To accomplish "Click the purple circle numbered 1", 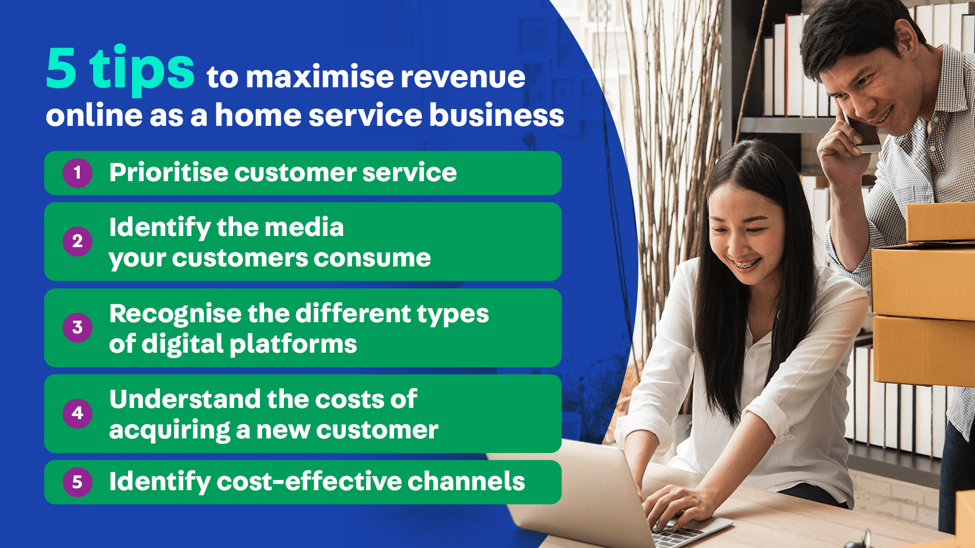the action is point(77,173).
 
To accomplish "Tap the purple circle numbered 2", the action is point(77,241).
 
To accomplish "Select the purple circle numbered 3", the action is point(77,327).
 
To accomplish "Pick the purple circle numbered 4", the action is point(77,413).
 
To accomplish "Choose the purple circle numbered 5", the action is point(77,482).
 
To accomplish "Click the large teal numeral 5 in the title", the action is point(61,68).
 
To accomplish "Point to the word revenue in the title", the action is point(463,78).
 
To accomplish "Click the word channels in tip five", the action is point(466,481).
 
